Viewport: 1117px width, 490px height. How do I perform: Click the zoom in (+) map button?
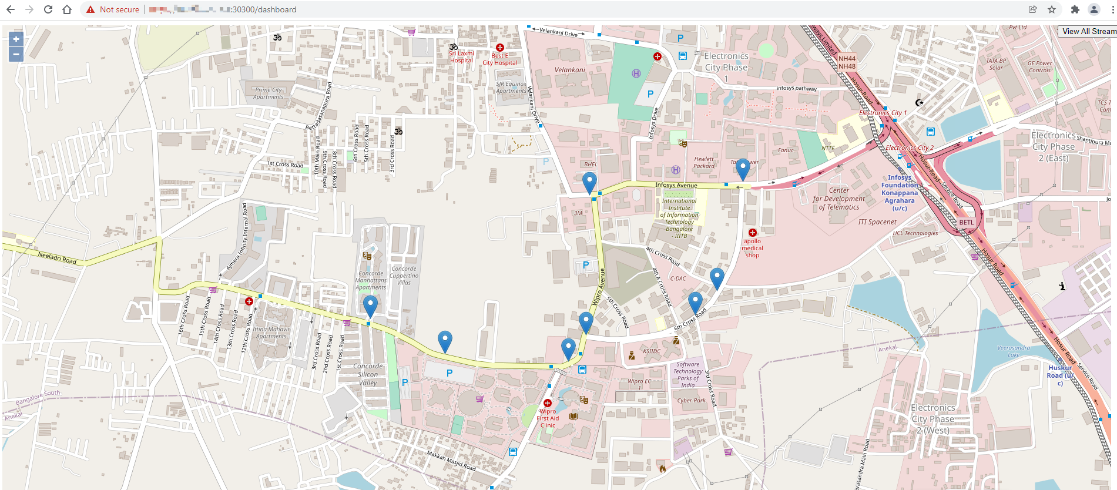pyautogui.click(x=16, y=39)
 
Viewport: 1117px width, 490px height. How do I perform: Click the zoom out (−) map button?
pyautogui.click(x=16, y=55)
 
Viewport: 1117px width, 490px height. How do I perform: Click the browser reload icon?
pyautogui.click(x=48, y=9)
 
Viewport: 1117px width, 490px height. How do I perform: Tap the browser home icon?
pyautogui.click(x=67, y=9)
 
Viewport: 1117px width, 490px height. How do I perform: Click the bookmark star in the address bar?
pyautogui.click(x=1052, y=9)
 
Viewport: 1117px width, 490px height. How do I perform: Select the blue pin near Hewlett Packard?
pyautogui.click(x=743, y=169)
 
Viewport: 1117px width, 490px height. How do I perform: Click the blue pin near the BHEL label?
pyautogui.click(x=589, y=182)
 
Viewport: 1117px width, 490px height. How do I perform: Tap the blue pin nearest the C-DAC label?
pyautogui.click(x=717, y=278)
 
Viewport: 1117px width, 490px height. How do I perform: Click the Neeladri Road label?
pyautogui.click(x=57, y=257)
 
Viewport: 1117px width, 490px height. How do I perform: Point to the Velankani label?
pyautogui.click(x=570, y=70)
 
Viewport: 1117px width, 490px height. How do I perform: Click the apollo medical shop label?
pyautogui.click(x=752, y=248)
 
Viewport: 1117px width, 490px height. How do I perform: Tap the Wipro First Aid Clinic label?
pyautogui.click(x=548, y=418)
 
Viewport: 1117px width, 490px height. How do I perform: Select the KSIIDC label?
pyautogui.click(x=652, y=351)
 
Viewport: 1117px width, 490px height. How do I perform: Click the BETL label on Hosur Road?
pyautogui.click(x=967, y=223)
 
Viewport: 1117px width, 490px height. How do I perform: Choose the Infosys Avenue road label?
pyautogui.click(x=676, y=185)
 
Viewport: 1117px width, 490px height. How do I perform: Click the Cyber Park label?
pyautogui.click(x=692, y=401)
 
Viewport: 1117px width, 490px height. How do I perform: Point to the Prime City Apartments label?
pyautogui.click(x=269, y=93)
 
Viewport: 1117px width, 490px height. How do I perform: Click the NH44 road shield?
pyautogui.click(x=847, y=59)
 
